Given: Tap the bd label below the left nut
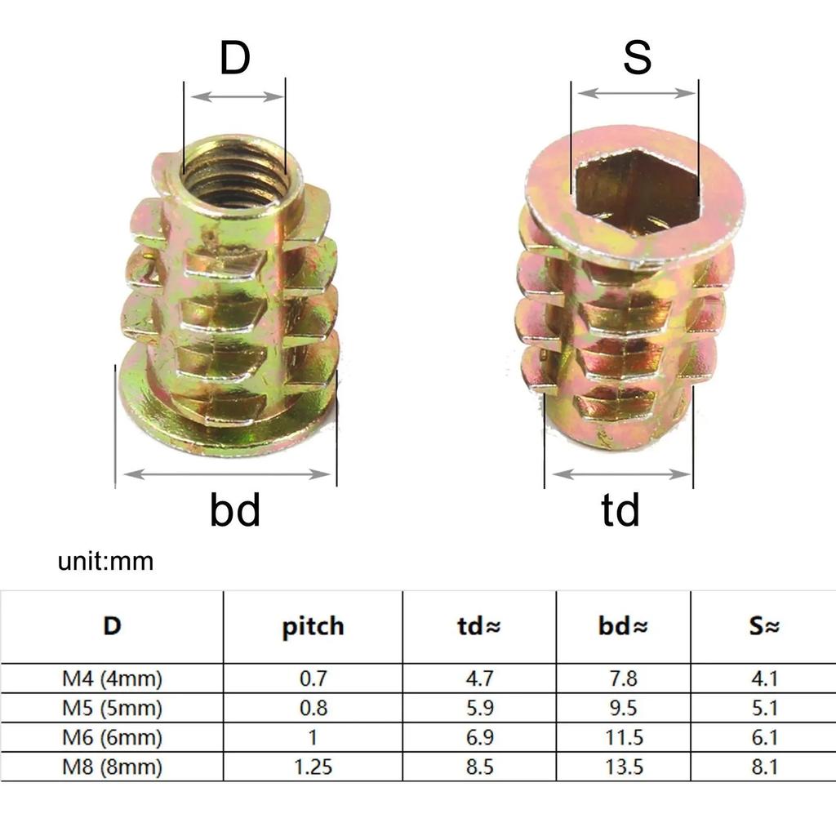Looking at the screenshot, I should [x=235, y=510].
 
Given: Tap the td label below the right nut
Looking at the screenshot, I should [x=620, y=510].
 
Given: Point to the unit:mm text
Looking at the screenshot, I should [x=105, y=562].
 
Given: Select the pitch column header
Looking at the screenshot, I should [x=313, y=626].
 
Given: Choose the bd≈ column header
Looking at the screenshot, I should [x=622, y=626].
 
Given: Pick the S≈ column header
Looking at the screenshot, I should [x=763, y=626].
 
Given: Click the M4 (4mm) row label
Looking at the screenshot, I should [x=111, y=678].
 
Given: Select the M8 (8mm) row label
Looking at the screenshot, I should [x=111, y=767].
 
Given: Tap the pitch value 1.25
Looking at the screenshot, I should [x=313, y=767].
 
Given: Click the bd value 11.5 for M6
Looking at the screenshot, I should [x=622, y=738].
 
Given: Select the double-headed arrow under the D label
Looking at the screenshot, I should [x=235, y=96].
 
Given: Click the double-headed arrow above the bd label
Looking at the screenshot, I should [x=225, y=474].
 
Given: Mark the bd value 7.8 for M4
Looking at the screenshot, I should [x=622, y=678].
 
